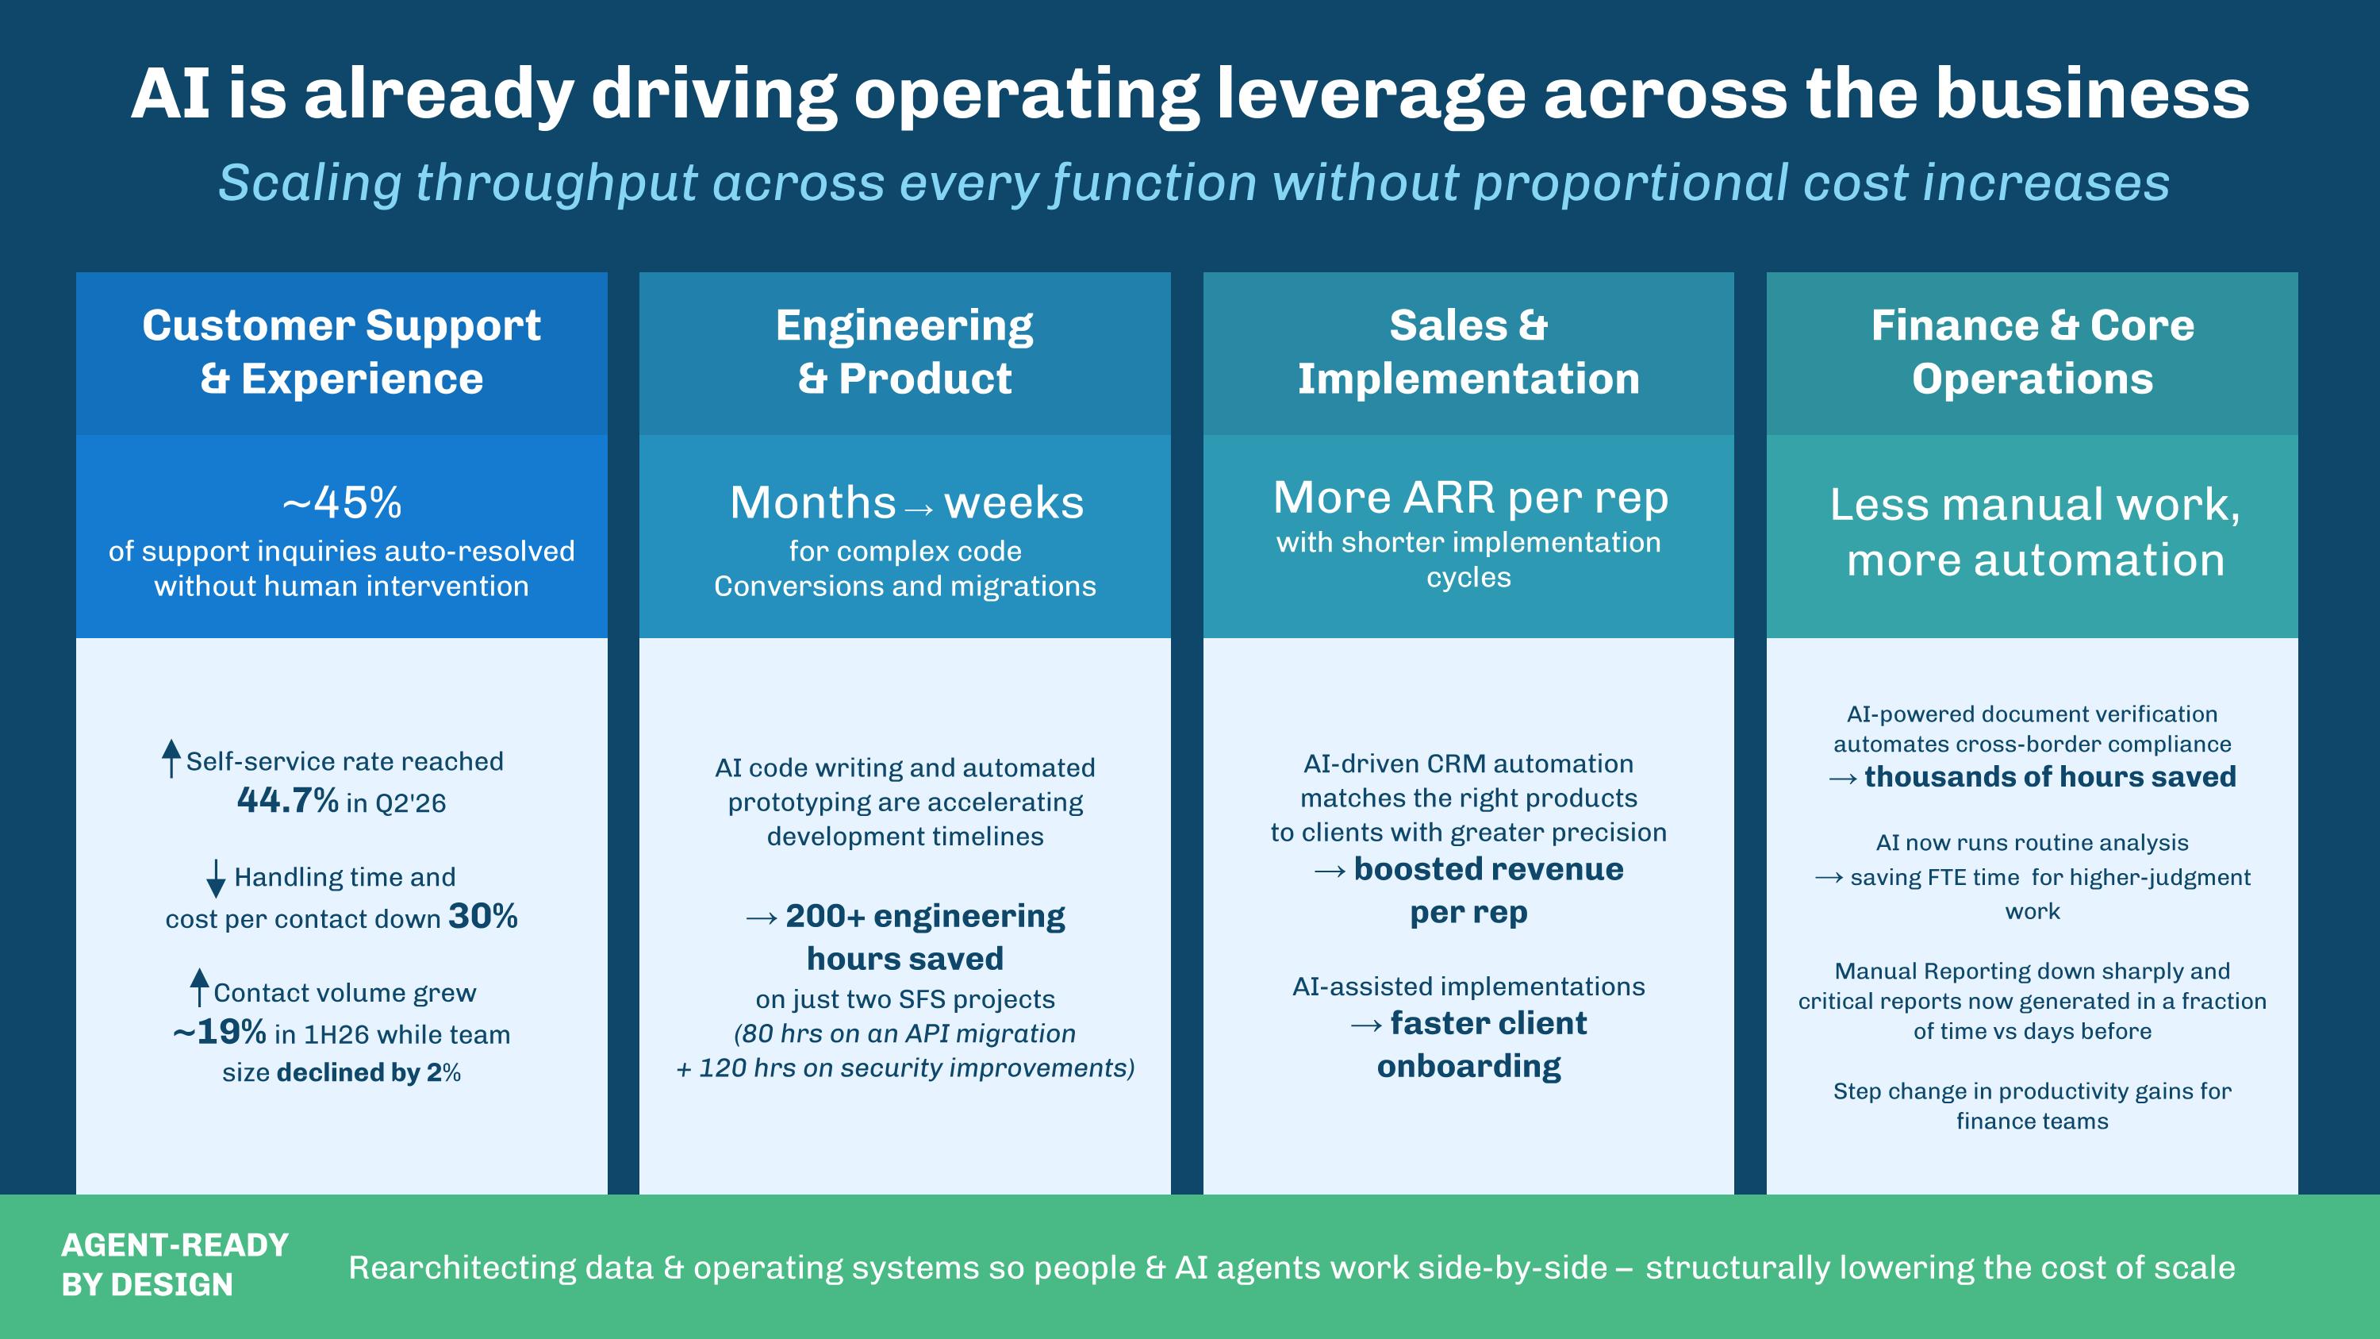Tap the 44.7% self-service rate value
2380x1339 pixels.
pyautogui.click(x=287, y=800)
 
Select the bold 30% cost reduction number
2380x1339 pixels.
pyautogui.click(x=483, y=916)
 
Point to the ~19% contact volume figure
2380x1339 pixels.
pyautogui.click(x=220, y=1031)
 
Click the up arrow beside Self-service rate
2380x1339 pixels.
pyautogui.click(x=171, y=758)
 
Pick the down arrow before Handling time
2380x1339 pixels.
pyautogui.click(x=215, y=878)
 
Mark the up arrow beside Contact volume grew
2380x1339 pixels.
pyautogui.click(x=198, y=987)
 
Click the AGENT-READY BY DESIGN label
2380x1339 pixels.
pyautogui.click(x=175, y=1265)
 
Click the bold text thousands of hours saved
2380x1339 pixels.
pyautogui.click(x=2050, y=776)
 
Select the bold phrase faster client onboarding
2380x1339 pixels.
pyautogui.click(x=1482, y=1045)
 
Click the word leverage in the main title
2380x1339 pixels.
pyautogui.click(x=1371, y=94)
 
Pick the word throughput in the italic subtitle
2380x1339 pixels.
pyautogui.click(x=556, y=183)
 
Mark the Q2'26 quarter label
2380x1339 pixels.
pyautogui.click(x=409, y=803)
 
